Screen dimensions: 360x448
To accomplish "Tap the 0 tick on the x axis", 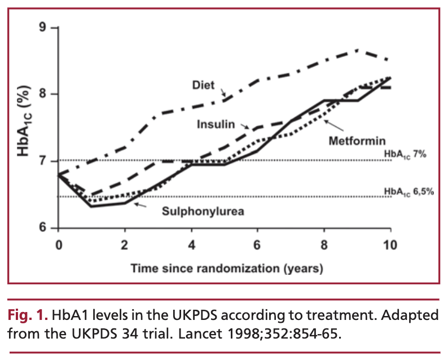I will click(x=59, y=245).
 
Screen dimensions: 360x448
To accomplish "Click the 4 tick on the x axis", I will click(x=191, y=245).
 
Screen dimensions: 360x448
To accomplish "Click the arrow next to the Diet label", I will click(x=223, y=91).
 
